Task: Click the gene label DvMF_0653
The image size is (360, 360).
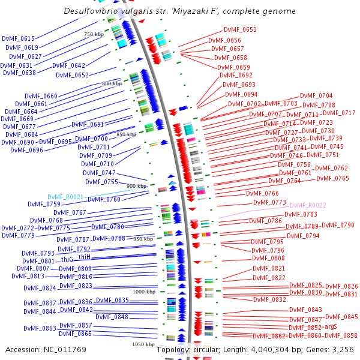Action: [241, 29]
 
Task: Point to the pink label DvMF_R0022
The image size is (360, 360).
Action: [308, 205]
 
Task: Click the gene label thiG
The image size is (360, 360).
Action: [67, 259]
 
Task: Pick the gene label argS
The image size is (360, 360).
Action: [331, 327]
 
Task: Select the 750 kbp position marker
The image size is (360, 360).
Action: [94, 34]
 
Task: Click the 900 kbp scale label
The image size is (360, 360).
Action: [136, 186]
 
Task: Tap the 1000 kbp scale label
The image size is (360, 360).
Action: [144, 291]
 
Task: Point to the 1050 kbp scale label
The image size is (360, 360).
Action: [144, 344]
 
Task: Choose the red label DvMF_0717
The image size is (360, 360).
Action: [339, 113]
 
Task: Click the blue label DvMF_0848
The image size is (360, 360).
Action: [112, 317]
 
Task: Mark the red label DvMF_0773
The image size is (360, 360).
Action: [269, 202]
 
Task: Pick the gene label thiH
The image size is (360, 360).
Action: [85, 257]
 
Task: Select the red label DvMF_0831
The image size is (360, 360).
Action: [341, 294]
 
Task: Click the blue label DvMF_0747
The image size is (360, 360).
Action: [99, 173]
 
